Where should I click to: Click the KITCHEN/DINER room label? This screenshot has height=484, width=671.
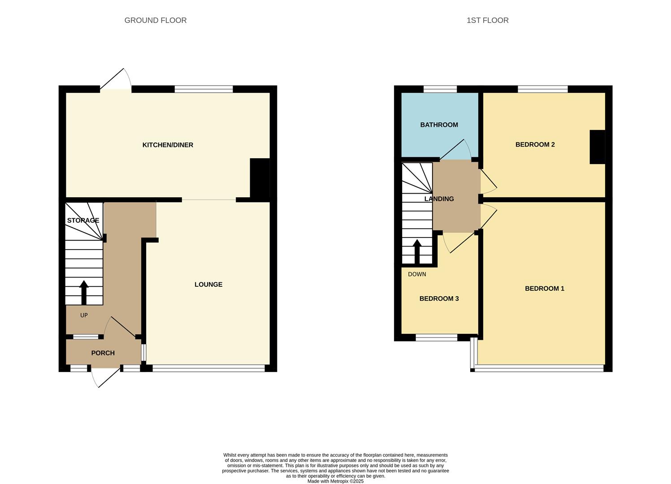tap(168, 145)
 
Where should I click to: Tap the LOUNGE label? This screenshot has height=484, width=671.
tap(208, 285)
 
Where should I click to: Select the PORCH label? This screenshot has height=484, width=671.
tap(103, 353)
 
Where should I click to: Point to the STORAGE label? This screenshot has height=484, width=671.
tap(83, 220)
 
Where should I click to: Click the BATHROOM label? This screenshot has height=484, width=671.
tap(439, 125)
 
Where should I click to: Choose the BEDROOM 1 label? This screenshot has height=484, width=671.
tap(545, 289)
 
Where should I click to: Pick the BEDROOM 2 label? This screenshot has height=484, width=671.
tap(535, 145)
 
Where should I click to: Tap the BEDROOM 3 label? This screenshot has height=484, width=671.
tap(439, 298)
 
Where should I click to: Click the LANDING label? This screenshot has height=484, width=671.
tap(439, 199)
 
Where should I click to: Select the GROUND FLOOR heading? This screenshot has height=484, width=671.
tap(156, 20)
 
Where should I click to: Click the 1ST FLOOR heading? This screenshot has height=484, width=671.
tap(488, 20)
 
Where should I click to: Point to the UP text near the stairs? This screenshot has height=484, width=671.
tap(84, 315)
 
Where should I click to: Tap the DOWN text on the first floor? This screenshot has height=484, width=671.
tap(417, 274)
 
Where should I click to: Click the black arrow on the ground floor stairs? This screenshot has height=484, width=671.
tap(84, 293)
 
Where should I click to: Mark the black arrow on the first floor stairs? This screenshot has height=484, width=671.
tap(417, 251)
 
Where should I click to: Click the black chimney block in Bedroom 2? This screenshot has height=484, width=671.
tap(597, 147)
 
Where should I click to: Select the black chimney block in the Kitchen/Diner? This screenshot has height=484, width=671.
tap(260, 178)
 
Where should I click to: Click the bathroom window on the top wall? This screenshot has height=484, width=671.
tap(440, 89)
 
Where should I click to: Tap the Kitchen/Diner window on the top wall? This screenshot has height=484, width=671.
tap(203, 89)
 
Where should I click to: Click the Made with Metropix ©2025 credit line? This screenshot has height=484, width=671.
tap(335, 481)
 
